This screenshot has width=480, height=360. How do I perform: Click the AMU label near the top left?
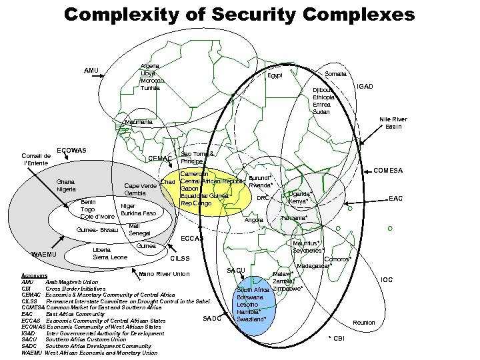pos(91,71)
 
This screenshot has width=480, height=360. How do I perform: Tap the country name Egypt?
pos(275,76)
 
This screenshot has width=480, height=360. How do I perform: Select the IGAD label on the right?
pos(367,86)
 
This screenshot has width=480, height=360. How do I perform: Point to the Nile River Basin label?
pos(393,123)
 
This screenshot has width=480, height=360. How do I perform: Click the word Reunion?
pos(363,323)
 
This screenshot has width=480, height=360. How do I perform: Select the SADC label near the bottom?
pos(211,318)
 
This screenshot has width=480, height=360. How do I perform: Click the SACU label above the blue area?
pos(237,270)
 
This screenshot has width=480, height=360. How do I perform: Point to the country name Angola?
pos(255,220)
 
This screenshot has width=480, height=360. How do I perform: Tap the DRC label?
pos(263,198)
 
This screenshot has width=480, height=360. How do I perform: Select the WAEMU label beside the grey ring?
pos(44,254)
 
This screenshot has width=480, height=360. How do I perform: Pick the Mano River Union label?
pos(163,274)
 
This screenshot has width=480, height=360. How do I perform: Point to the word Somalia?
pos(335,74)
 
